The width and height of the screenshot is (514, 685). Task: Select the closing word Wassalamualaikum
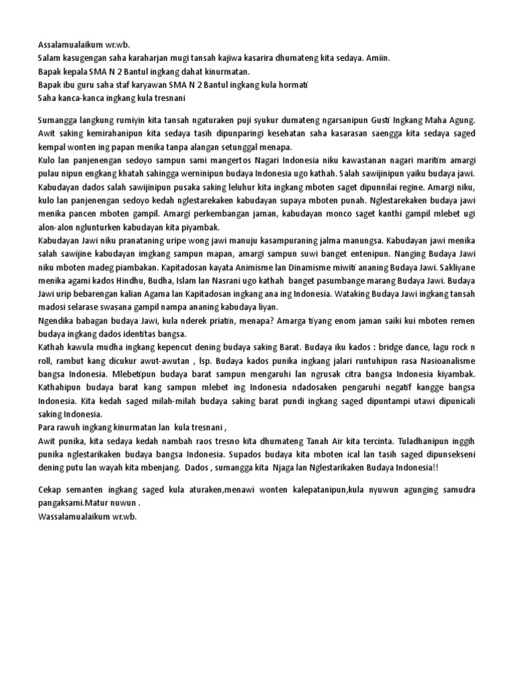[x=76, y=516]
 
